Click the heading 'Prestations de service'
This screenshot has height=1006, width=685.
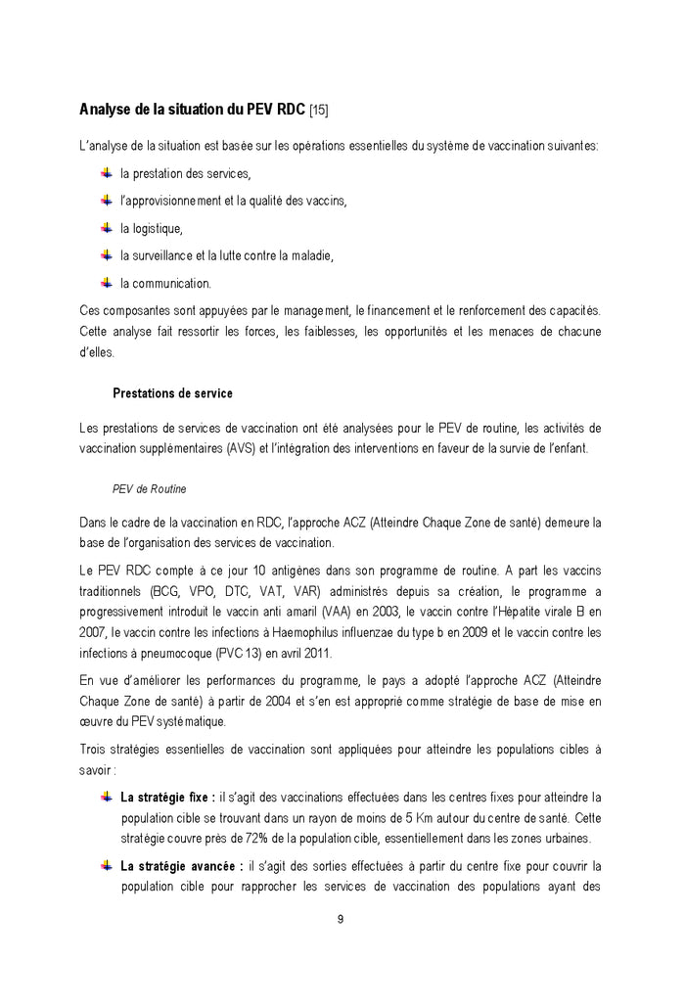(x=172, y=393)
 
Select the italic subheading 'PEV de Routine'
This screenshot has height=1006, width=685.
(x=150, y=488)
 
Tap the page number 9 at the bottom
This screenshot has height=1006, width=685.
(x=340, y=919)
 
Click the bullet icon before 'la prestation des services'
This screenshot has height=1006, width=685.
(x=107, y=173)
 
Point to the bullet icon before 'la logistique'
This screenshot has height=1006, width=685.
(x=107, y=228)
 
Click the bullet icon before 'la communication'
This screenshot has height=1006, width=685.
(x=107, y=283)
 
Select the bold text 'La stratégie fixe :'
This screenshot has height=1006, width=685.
(x=167, y=798)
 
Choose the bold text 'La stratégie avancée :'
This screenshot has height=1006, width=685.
(x=181, y=866)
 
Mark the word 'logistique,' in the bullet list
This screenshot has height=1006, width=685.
(x=152, y=229)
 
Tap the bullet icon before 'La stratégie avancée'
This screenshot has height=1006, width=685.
(x=107, y=866)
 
